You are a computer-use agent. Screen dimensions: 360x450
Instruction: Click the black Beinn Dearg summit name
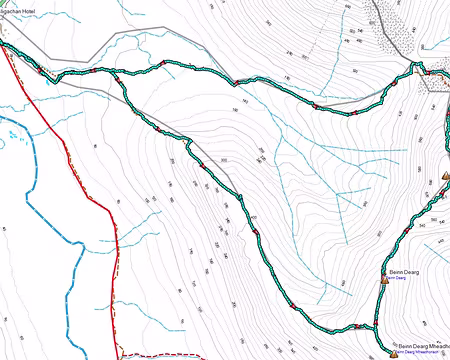[x=403, y=272]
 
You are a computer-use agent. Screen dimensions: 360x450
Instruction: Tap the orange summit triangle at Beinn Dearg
[x=385, y=280]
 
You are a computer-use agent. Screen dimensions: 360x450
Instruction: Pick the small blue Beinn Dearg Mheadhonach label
[x=419, y=352]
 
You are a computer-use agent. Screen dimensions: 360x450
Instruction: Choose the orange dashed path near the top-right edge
[x=438, y=72]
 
